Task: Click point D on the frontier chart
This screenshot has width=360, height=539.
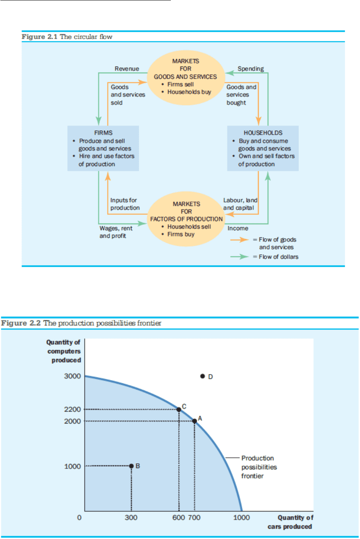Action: point(202,376)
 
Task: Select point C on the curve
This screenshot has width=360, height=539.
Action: point(179,410)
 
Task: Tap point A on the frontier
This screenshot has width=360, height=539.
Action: point(194,421)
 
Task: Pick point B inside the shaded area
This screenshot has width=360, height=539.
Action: point(131,466)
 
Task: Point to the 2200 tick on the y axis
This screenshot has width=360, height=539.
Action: point(72,410)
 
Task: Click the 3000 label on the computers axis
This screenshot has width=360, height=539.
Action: point(72,376)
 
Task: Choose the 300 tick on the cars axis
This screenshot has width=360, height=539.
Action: point(131,517)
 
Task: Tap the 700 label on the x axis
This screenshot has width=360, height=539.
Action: point(194,517)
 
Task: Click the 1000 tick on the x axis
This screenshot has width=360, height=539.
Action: point(241,517)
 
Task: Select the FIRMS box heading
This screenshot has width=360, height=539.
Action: point(103,133)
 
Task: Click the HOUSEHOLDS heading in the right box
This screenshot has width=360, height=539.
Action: point(263,133)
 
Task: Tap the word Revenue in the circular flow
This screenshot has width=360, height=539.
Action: point(127,69)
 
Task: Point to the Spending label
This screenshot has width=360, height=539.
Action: point(250,69)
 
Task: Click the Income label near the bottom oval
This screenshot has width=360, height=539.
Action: point(238,228)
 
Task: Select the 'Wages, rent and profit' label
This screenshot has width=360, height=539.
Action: point(115,232)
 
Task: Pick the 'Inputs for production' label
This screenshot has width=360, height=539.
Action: point(125,204)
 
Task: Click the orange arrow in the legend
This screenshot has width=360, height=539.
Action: point(239,240)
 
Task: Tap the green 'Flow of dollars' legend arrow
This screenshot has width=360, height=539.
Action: point(239,257)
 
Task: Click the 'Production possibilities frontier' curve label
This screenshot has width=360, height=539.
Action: point(258,467)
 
